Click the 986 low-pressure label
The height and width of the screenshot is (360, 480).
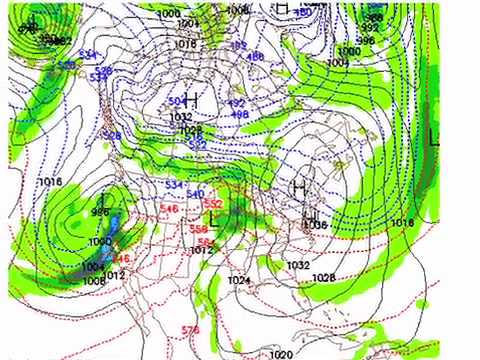click(100, 212)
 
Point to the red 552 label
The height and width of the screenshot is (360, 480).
click(212, 203)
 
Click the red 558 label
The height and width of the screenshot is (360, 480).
click(198, 229)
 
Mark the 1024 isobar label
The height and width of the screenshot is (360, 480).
click(237, 281)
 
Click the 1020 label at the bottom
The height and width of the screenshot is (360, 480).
click(281, 354)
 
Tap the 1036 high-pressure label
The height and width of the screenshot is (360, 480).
click(316, 226)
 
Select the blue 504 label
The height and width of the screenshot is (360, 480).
click(175, 101)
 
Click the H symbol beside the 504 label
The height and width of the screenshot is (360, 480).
click(190, 100)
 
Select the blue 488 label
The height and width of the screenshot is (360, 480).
click(256, 56)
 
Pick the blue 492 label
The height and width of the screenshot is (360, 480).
click(236, 103)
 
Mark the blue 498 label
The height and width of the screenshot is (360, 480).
click(240, 115)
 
